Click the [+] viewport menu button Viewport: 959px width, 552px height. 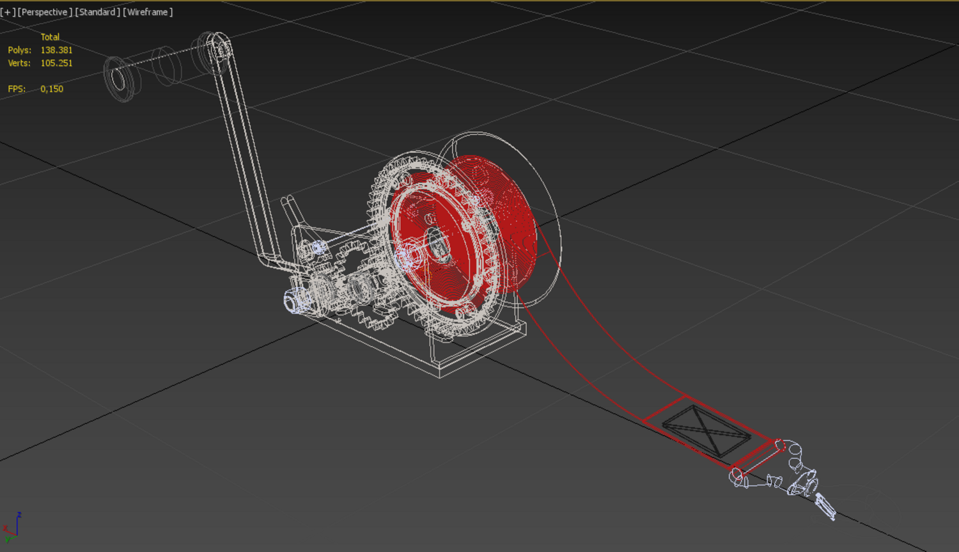pyautogui.click(x=8, y=12)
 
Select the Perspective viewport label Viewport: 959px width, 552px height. pyautogui.click(x=45, y=12)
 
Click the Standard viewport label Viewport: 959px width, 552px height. pyautogui.click(x=98, y=12)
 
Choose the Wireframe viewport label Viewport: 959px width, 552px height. pyautogui.click(x=148, y=12)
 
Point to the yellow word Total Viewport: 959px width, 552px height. pyautogui.click(x=50, y=37)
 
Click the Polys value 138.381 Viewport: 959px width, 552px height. pyautogui.click(x=56, y=50)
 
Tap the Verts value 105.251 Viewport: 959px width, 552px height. pyautogui.click(x=56, y=63)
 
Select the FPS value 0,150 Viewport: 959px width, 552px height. pyautogui.click(x=52, y=89)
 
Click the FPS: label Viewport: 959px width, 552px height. pyautogui.click(x=17, y=89)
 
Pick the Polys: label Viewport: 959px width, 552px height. pyautogui.click(x=20, y=50)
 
